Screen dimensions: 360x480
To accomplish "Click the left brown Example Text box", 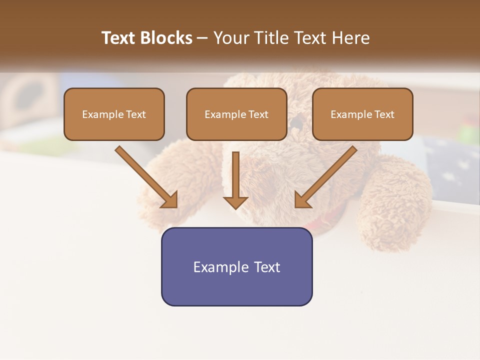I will (x=114, y=114).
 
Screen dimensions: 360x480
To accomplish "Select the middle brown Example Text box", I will (x=236, y=114).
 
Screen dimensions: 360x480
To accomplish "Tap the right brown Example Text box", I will (x=362, y=114).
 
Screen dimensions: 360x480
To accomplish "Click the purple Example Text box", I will (x=236, y=266).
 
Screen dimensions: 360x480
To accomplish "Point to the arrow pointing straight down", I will (x=235, y=180).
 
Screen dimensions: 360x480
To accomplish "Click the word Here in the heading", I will (x=350, y=38).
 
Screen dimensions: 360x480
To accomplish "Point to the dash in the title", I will (x=202, y=38).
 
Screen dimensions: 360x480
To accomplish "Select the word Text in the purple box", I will (x=267, y=267).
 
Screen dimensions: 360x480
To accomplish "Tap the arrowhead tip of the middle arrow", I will (x=235, y=207).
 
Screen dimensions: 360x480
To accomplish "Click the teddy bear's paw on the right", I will (x=395, y=210).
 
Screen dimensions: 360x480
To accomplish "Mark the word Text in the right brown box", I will (x=384, y=114).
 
